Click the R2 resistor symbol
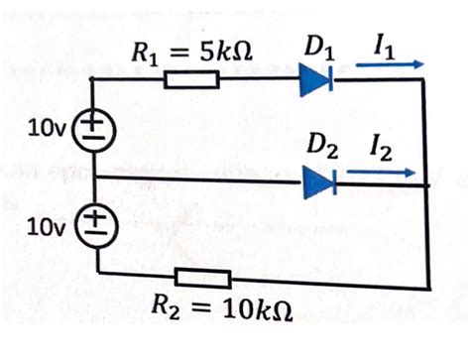202,278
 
